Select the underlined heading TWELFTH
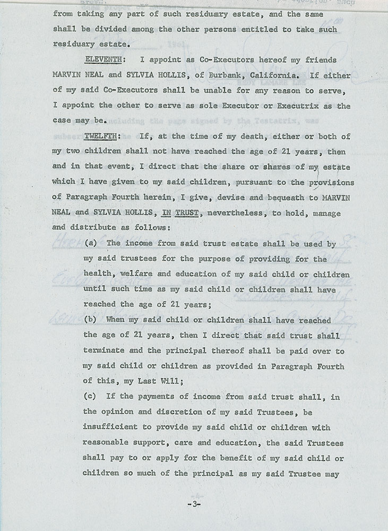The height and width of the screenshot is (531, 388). pyautogui.click(x=101, y=136)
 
